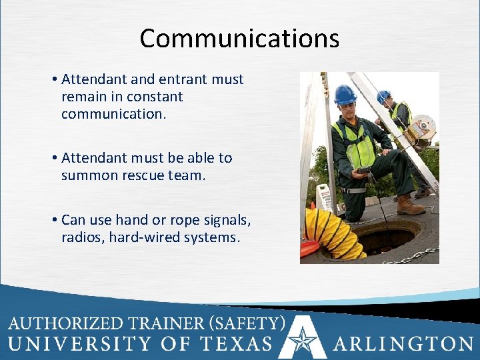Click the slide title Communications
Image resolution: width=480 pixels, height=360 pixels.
(239, 39)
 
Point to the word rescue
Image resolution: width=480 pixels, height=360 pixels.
(143, 175)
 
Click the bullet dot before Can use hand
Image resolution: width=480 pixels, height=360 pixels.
(53, 219)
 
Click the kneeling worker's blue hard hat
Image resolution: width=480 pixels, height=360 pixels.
(345, 95)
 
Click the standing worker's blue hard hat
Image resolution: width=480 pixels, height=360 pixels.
(383, 96)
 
